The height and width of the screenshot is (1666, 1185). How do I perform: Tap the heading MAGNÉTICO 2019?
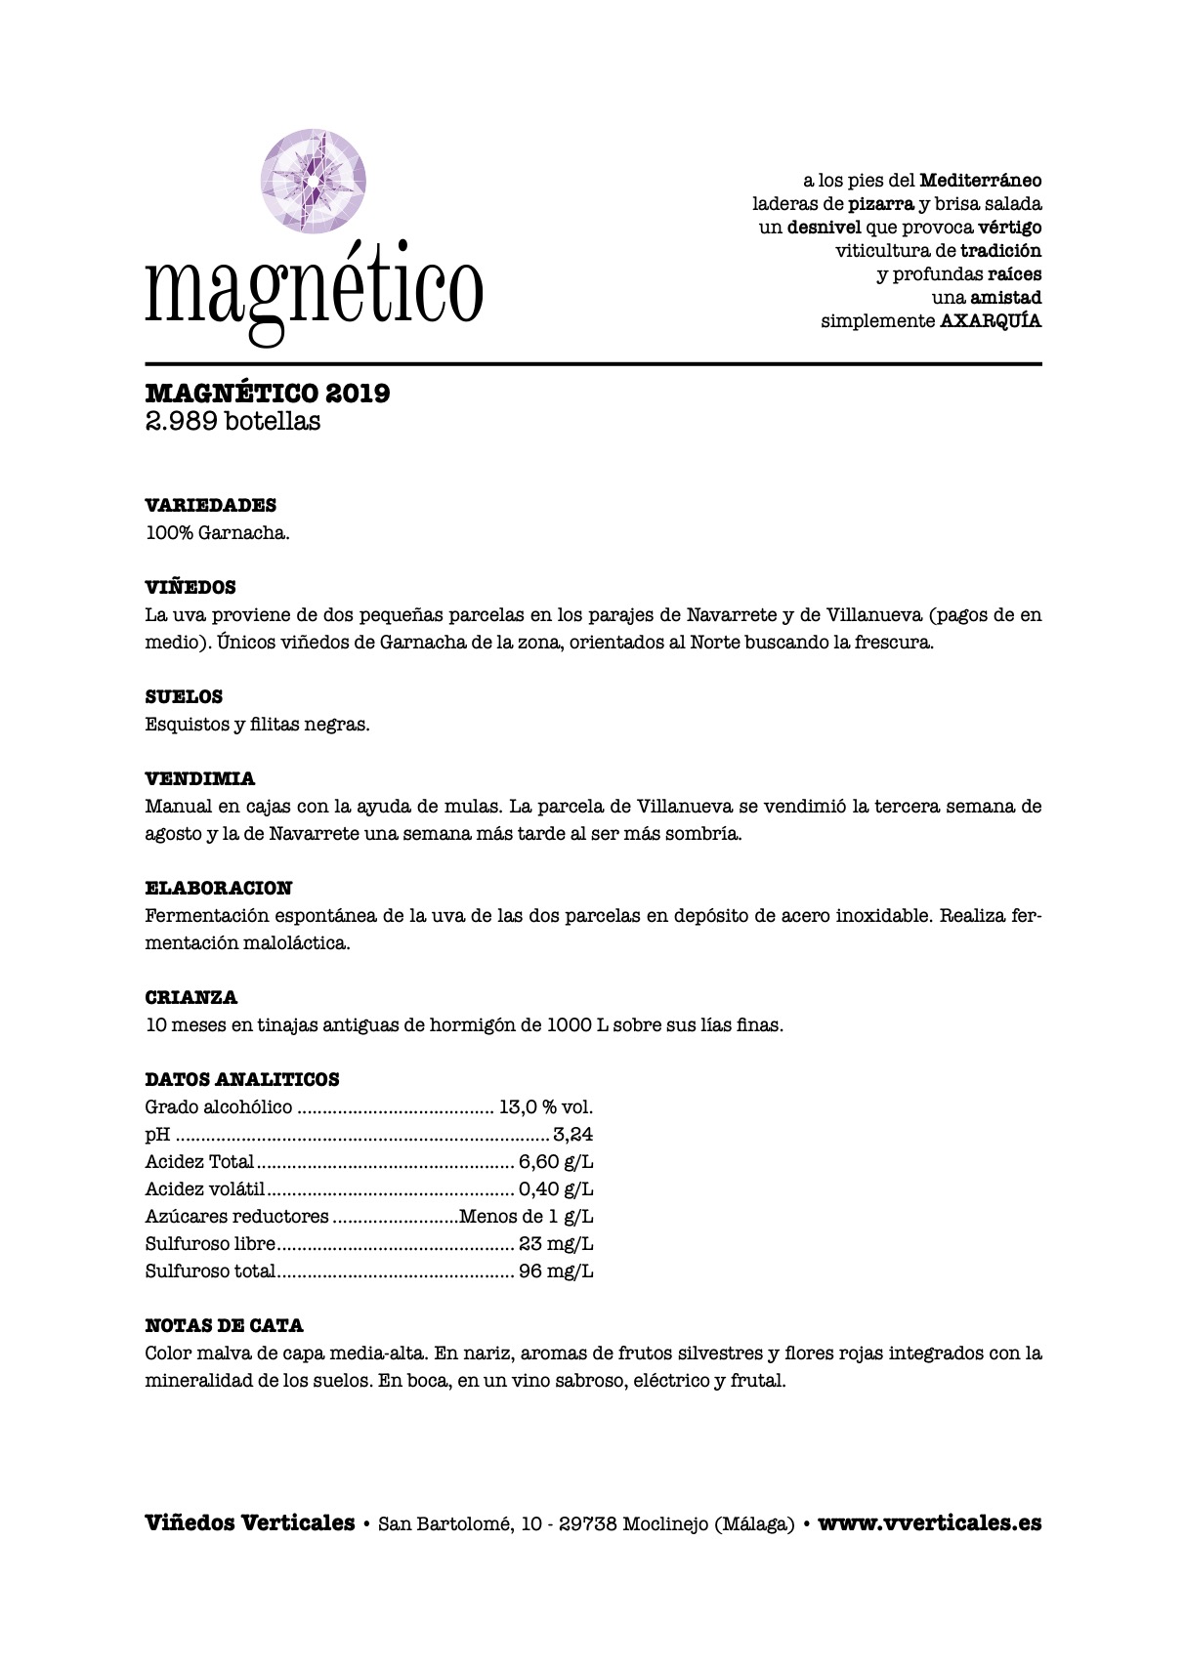click(x=268, y=393)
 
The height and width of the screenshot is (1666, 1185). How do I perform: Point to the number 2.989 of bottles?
click(x=181, y=422)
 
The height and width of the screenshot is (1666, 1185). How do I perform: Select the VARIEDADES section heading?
click(x=210, y=505)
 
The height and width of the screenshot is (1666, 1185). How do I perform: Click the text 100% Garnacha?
click(x=217, y=533)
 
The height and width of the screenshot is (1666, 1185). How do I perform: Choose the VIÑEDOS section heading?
click(x=190, y=587)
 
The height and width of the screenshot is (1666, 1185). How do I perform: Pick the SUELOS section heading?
click(x=184, y=696)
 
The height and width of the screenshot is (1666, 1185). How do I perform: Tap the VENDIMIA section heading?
click(x=200, y=778)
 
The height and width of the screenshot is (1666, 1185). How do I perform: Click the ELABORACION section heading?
click(x=218, y=888)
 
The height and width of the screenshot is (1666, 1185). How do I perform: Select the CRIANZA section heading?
click(x=191, y=997)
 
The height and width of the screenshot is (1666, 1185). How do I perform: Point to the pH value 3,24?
click(x=573, y=1135)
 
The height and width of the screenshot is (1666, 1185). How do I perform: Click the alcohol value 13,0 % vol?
click(x=546, y=1107)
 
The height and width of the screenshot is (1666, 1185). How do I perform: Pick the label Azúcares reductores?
click(x=236, y=1217)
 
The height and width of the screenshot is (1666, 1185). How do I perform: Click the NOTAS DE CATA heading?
click(x=224, y=1325)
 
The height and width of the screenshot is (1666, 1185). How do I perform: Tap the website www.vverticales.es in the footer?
click(x=929, y=1522)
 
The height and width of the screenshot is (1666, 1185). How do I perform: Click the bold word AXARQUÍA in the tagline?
click(x=991, y=320)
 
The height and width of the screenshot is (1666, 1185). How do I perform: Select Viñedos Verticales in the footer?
click(x=249, y=1522)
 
